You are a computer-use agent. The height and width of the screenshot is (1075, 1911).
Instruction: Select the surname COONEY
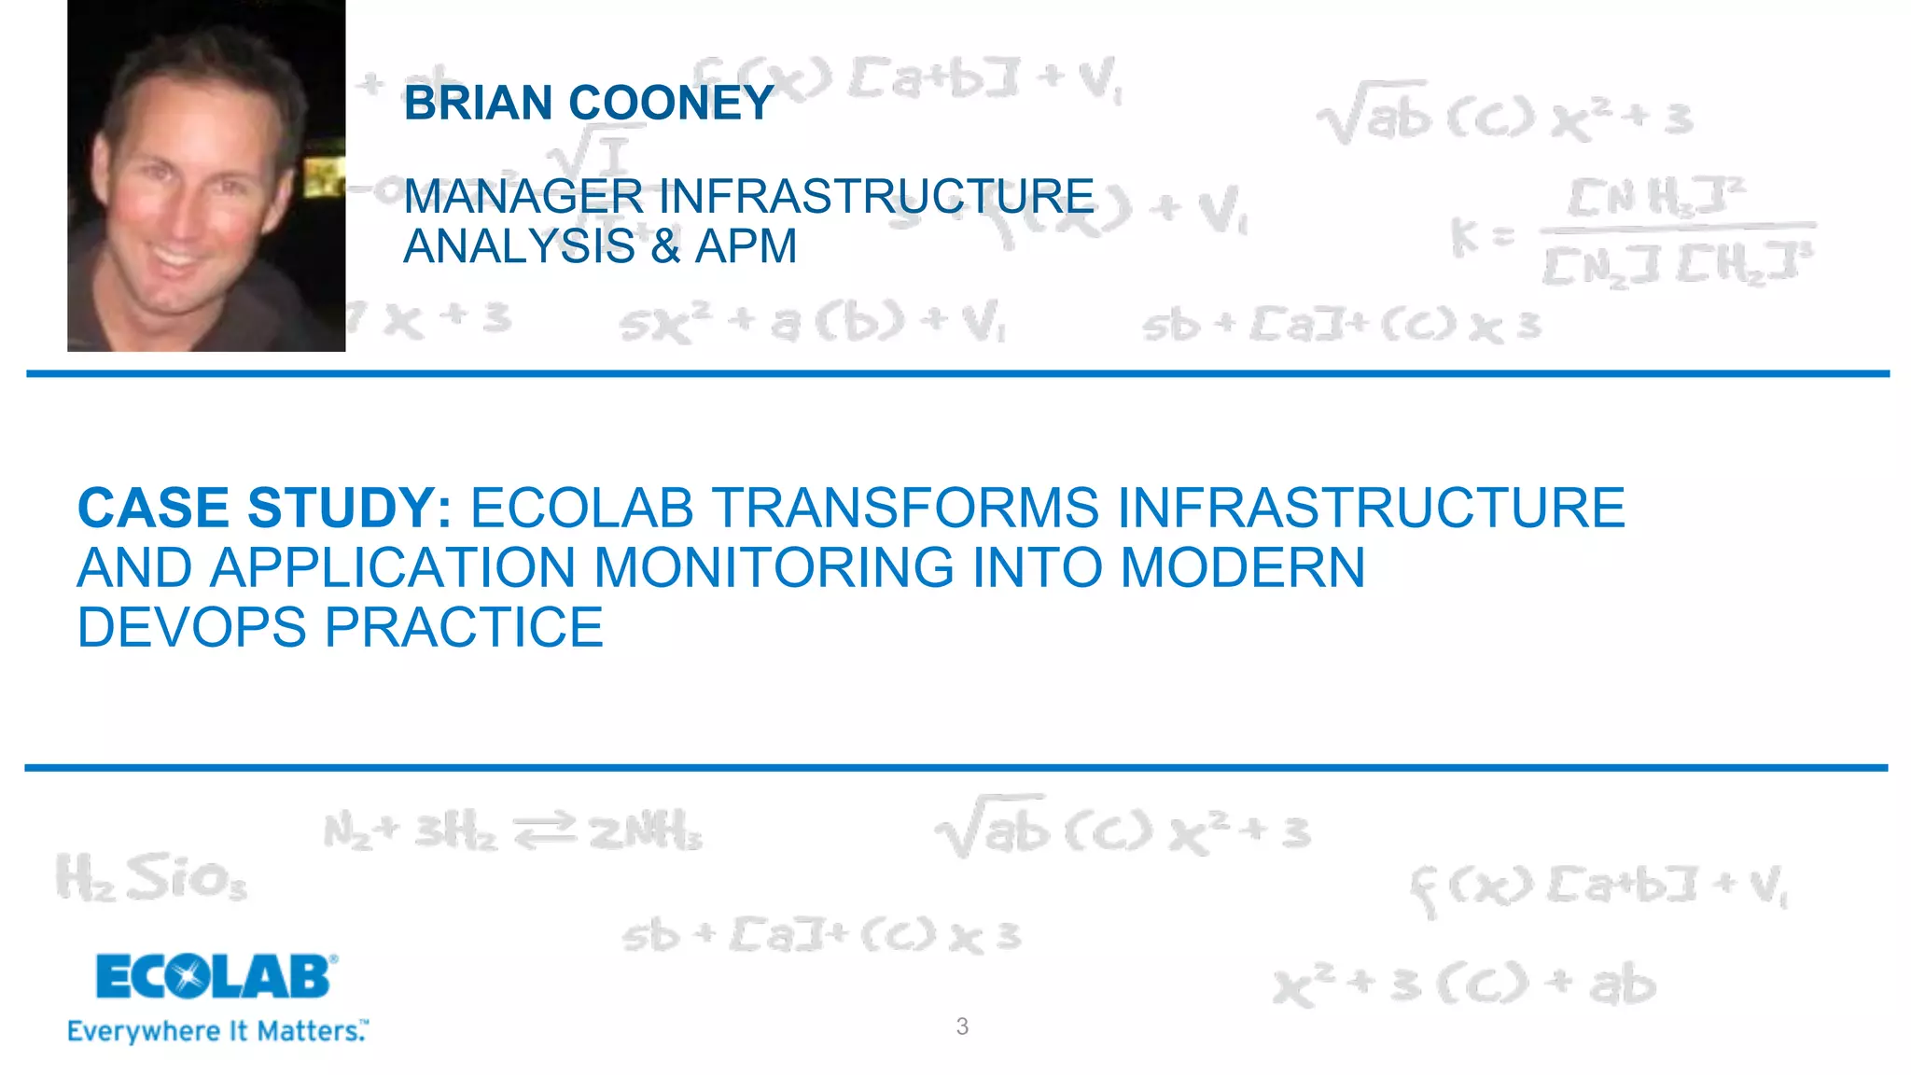672,103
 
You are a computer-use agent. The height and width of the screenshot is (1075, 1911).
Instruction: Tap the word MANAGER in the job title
523,197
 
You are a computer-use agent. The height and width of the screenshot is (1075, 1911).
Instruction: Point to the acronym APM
746,246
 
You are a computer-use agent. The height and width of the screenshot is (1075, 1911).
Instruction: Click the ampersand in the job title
664,246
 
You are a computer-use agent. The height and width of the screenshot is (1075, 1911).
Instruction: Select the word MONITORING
774,567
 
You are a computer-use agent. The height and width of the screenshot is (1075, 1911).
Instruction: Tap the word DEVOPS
191,627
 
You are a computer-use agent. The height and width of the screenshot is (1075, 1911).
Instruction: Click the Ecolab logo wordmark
215,977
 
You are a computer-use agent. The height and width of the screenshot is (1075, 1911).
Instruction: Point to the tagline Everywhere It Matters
217,1031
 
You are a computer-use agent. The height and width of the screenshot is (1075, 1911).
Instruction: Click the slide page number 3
962,1026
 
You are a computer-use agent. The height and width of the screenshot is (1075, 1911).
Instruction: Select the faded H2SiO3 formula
151,877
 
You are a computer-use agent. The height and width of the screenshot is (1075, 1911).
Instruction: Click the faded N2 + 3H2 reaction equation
513,831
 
